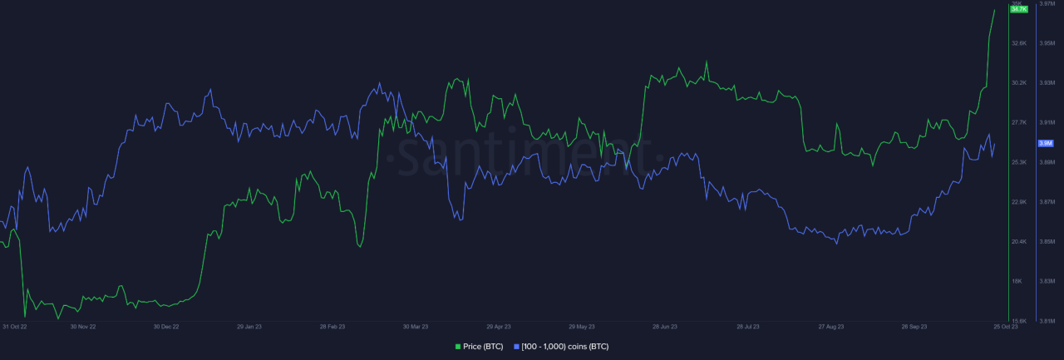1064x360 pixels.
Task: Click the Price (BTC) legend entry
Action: point(483,346)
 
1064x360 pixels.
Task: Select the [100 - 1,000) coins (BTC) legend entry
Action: point(565,346)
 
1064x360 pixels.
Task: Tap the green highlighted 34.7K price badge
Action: point(1018,8)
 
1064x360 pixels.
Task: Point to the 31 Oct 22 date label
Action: point(15,327)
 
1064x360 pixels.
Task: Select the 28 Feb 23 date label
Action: point(332,327)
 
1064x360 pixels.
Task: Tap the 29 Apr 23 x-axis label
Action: point(499,327)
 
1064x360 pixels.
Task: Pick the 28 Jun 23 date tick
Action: point(665,327)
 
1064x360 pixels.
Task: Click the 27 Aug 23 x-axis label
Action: point(831,327)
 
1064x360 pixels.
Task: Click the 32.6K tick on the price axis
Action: point(1018,43)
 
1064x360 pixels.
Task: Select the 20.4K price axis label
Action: point(1018,242)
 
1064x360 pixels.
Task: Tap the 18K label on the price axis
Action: point(1017,281)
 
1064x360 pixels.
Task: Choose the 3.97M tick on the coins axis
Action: point(1047,4)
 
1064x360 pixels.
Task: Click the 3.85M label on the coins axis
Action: point(1047,242)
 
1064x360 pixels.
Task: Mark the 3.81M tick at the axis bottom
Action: point(1047,320)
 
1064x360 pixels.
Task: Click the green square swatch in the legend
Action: point(458,346)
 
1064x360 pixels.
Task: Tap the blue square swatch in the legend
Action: point(517,346)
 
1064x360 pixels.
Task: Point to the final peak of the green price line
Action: point(995,10)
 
